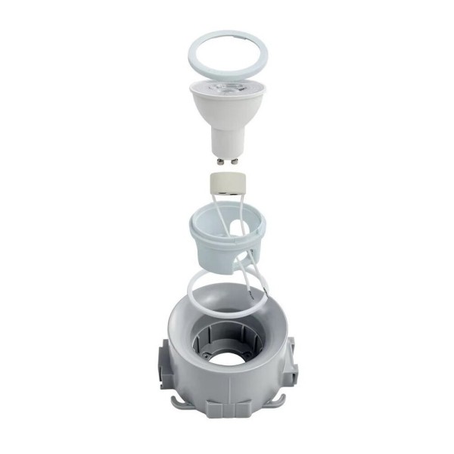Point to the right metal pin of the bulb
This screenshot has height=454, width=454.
pyautogui.click(x=235, y=160)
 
